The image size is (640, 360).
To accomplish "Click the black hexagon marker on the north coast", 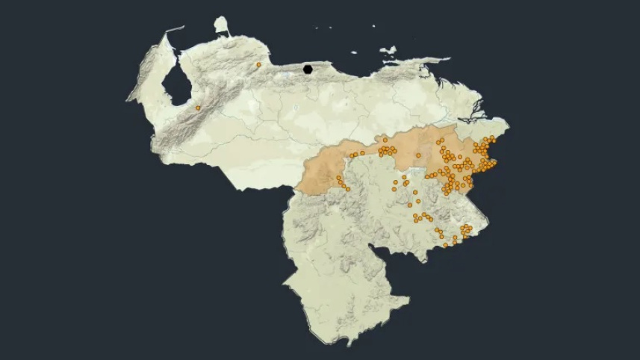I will pyautogui.click(x=308, y=69).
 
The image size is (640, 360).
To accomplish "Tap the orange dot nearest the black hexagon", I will pyautogui.click(x=258, y=65).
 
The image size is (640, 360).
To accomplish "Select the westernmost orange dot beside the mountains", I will pyautogui.click(x=198, y=108).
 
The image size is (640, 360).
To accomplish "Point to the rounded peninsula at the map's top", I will pyautogui.click(x=220, y=27).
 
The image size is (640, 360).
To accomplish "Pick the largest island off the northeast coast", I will pyautogui.click(x=387, y=51).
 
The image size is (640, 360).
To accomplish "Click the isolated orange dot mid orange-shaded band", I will pyautogui.click(x=418, y=155).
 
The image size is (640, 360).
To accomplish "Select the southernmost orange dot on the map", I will pyautogui.click(x=445, y=245).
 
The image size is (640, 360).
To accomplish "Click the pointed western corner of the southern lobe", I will pyautogui.click(x=284, y=283).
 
